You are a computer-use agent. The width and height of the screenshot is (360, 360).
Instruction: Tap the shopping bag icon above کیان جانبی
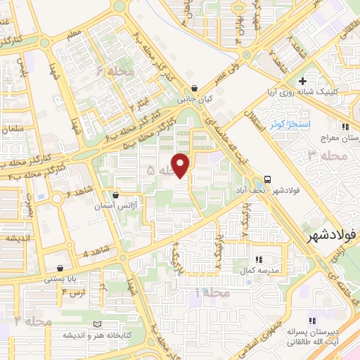click(204, 89)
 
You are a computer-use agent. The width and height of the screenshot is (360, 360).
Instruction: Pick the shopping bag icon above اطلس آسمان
click(116, 195)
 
